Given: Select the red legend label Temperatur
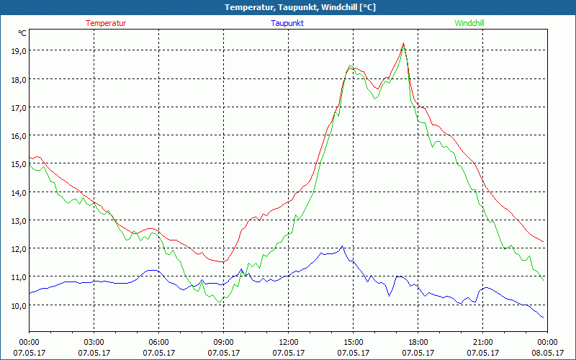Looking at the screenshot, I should click(106, 23).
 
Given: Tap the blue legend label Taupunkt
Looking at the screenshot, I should click(288, 23).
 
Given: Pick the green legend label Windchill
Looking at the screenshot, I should click(469, 23).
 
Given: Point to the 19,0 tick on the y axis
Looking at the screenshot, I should click(18, 50).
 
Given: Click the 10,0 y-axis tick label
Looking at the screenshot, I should click(18, 305).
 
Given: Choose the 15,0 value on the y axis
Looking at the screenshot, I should click(18, 163).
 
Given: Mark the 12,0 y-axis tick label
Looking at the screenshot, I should click(18, 248).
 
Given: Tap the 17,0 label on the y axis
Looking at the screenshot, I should click(18, 107).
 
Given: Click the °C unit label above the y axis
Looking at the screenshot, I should click(22, 32).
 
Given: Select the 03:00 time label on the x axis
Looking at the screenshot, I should click(94, 342).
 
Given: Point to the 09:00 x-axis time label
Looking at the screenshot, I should click(224, 342).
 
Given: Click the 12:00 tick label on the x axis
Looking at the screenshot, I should click(289, 342).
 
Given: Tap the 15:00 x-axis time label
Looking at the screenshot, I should click(354, 342).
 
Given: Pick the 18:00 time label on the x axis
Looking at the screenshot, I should click(418, 342).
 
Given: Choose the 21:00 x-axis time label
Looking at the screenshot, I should click(483, 342).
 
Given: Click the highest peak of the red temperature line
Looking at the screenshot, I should click(403, 43).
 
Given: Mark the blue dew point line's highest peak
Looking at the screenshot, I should click(343, 246).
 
